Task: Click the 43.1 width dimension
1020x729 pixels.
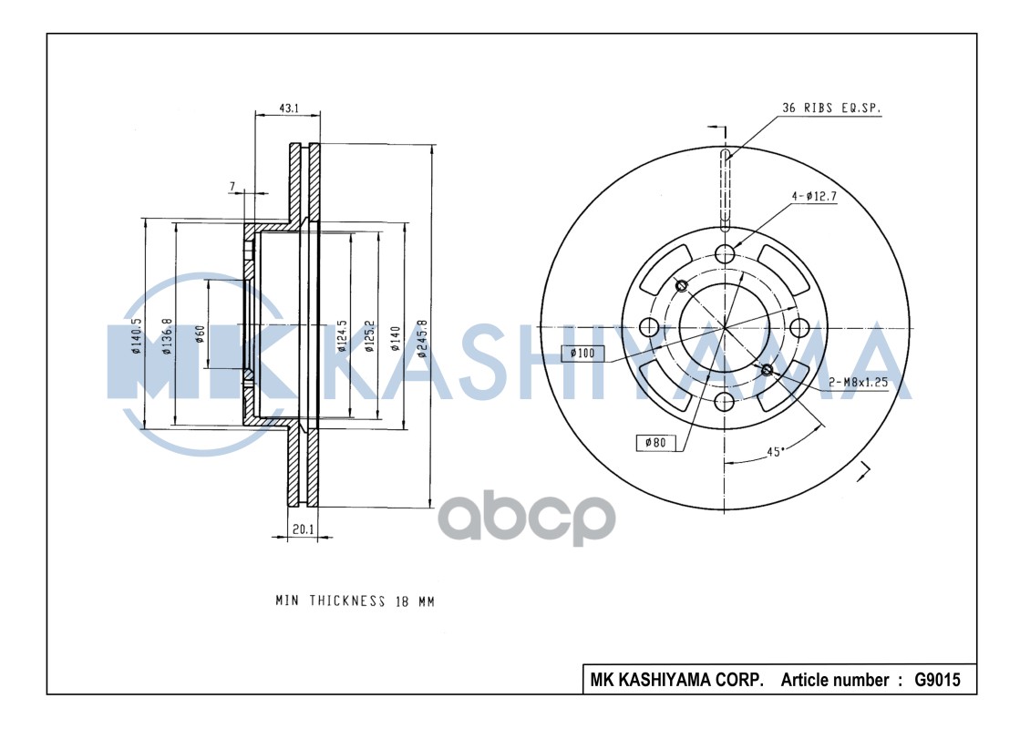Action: coord(287,108)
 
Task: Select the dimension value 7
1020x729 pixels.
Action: coord(233,186)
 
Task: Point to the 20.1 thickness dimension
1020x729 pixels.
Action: coord(302,528)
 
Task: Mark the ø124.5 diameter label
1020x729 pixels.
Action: coord(342,335)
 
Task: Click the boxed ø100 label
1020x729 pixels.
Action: coord(582,353)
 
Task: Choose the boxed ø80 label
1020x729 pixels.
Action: coord(655,443)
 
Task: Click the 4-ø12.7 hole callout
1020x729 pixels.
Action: coord(814,194)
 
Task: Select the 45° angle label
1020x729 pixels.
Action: coord(775,451)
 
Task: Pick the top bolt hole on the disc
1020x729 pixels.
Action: coord(725,253)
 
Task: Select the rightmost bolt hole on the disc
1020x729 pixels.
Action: coord(799,327)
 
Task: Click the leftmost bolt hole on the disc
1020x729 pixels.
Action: coord(651,327)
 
